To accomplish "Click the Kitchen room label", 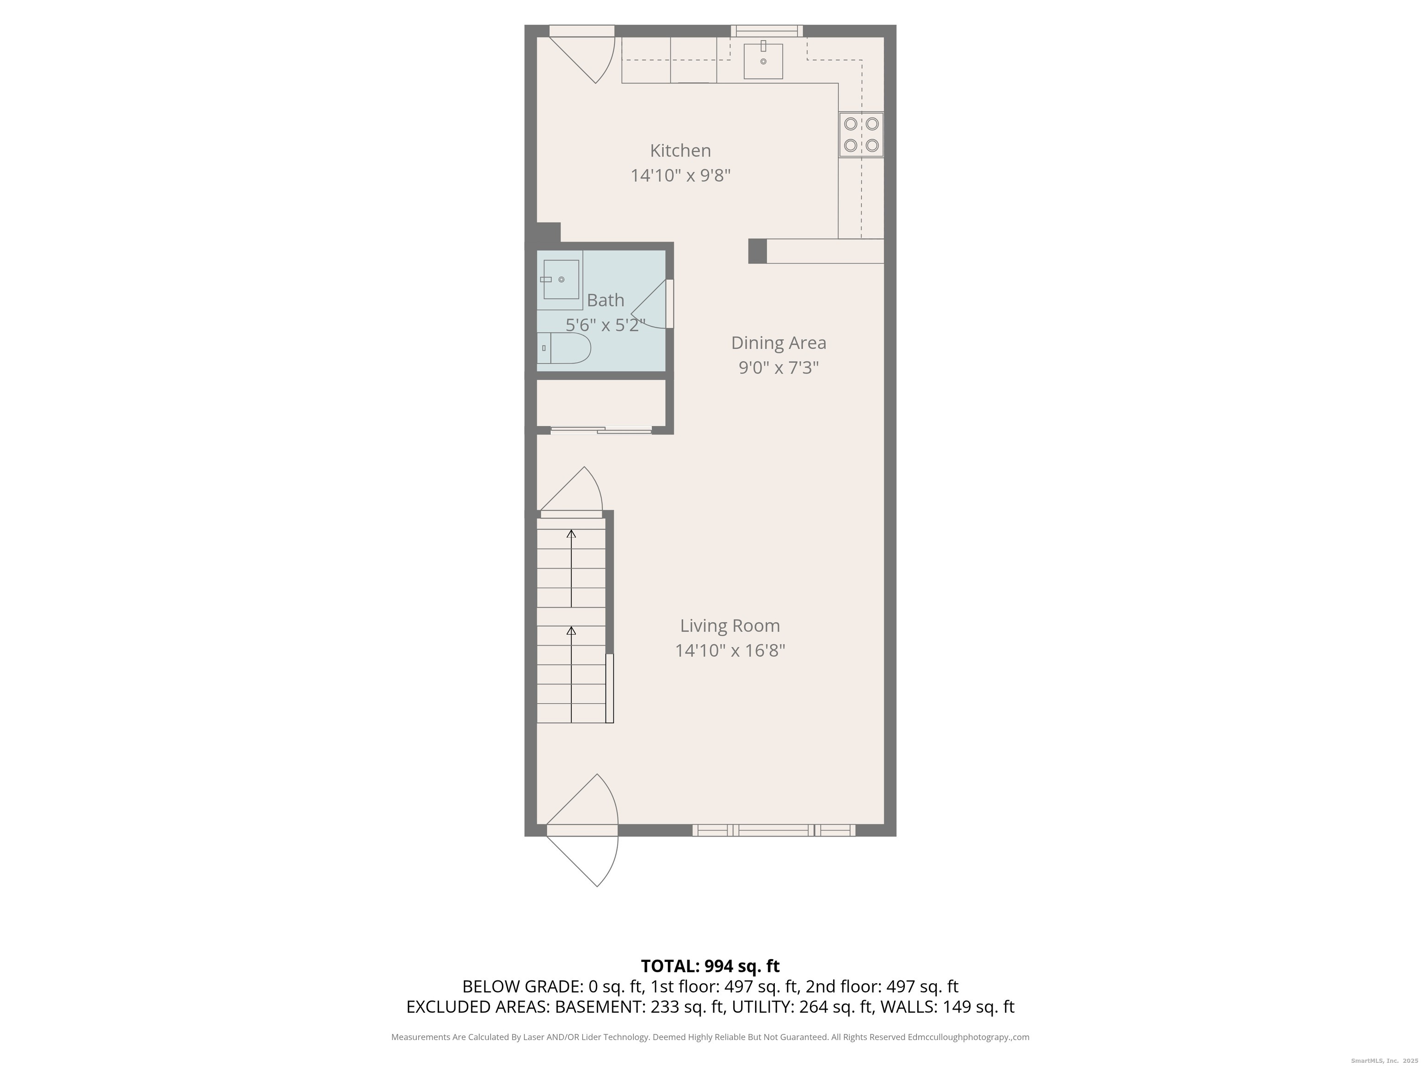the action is click(680, 151).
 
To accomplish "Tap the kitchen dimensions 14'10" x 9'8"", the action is click(680, 175).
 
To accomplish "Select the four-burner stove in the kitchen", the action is click(861, 134).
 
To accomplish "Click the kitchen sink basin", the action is click(763, 61).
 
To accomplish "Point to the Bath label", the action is click(605, 300).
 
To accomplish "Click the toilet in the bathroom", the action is click(563, 348).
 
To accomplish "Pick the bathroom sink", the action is click(561, 279).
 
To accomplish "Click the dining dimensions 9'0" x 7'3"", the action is click(778, 367).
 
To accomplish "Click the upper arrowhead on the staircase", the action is click(571, 533).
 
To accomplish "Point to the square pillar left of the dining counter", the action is click(757, 251).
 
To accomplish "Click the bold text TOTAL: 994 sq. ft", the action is click(710, 966).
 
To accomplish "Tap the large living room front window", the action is click(773, 830).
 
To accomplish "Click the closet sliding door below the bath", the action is click(601, 430).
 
